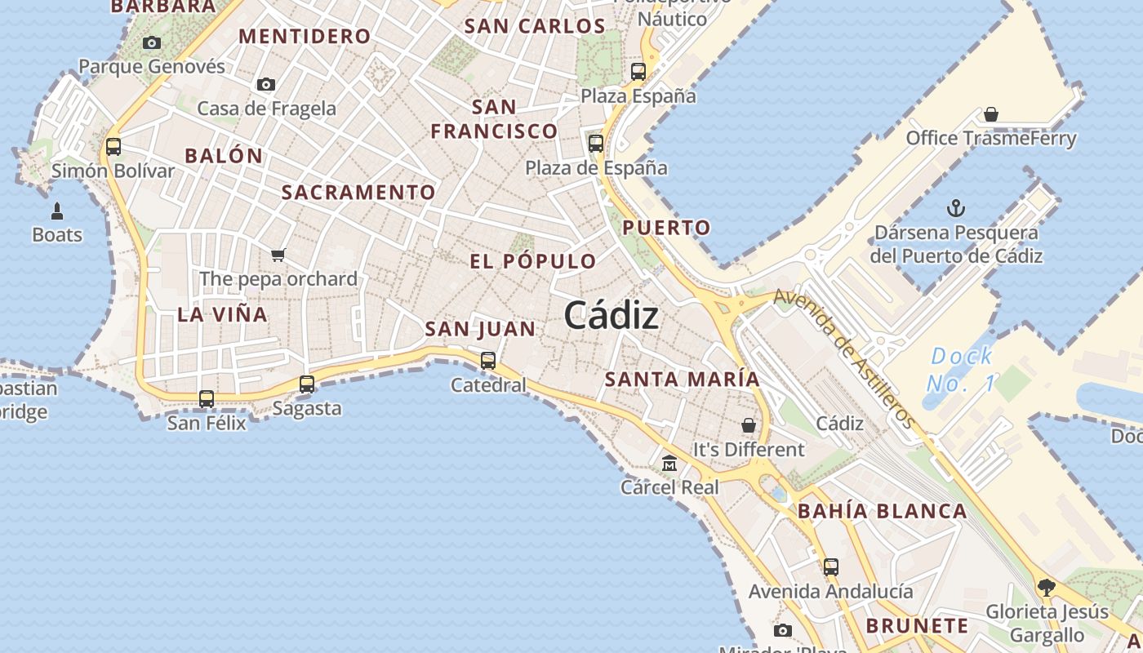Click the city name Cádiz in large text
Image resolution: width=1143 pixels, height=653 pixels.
click(611, 315)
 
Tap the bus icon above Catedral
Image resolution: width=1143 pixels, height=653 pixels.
click(488, 360)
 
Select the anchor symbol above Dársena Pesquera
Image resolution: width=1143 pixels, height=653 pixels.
click(955, 208)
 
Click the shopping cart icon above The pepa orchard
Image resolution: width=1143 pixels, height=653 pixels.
click(278, 255)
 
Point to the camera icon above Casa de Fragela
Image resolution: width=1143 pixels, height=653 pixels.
click(265, 84)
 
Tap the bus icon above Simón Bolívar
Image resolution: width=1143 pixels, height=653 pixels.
click(113, 147)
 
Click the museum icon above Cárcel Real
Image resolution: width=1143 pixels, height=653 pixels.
click(669, 464)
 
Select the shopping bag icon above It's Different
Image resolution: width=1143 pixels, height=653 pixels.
click(749, 425)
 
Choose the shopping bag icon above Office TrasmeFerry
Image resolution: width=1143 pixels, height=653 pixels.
click(991, 113)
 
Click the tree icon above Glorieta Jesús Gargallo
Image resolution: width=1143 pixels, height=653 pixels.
click(1046, 587)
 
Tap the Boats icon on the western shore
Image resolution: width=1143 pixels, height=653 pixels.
click(57, 212)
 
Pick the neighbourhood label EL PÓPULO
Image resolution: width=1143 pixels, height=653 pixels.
click(533, 261)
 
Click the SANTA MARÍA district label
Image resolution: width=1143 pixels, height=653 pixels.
click(683, 379)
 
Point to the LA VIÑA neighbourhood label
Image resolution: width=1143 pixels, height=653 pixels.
click(223, 314)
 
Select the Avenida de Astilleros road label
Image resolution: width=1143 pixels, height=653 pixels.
click(844, 358)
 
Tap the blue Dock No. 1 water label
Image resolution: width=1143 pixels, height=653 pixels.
click(962, 369)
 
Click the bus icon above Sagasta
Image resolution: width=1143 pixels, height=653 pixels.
click(307, 384)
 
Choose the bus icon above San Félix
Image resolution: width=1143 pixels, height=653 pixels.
click(207, 398)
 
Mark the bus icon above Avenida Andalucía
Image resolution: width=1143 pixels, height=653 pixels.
click(831, 566)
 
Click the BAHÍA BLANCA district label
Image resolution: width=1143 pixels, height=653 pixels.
click(883, 512)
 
